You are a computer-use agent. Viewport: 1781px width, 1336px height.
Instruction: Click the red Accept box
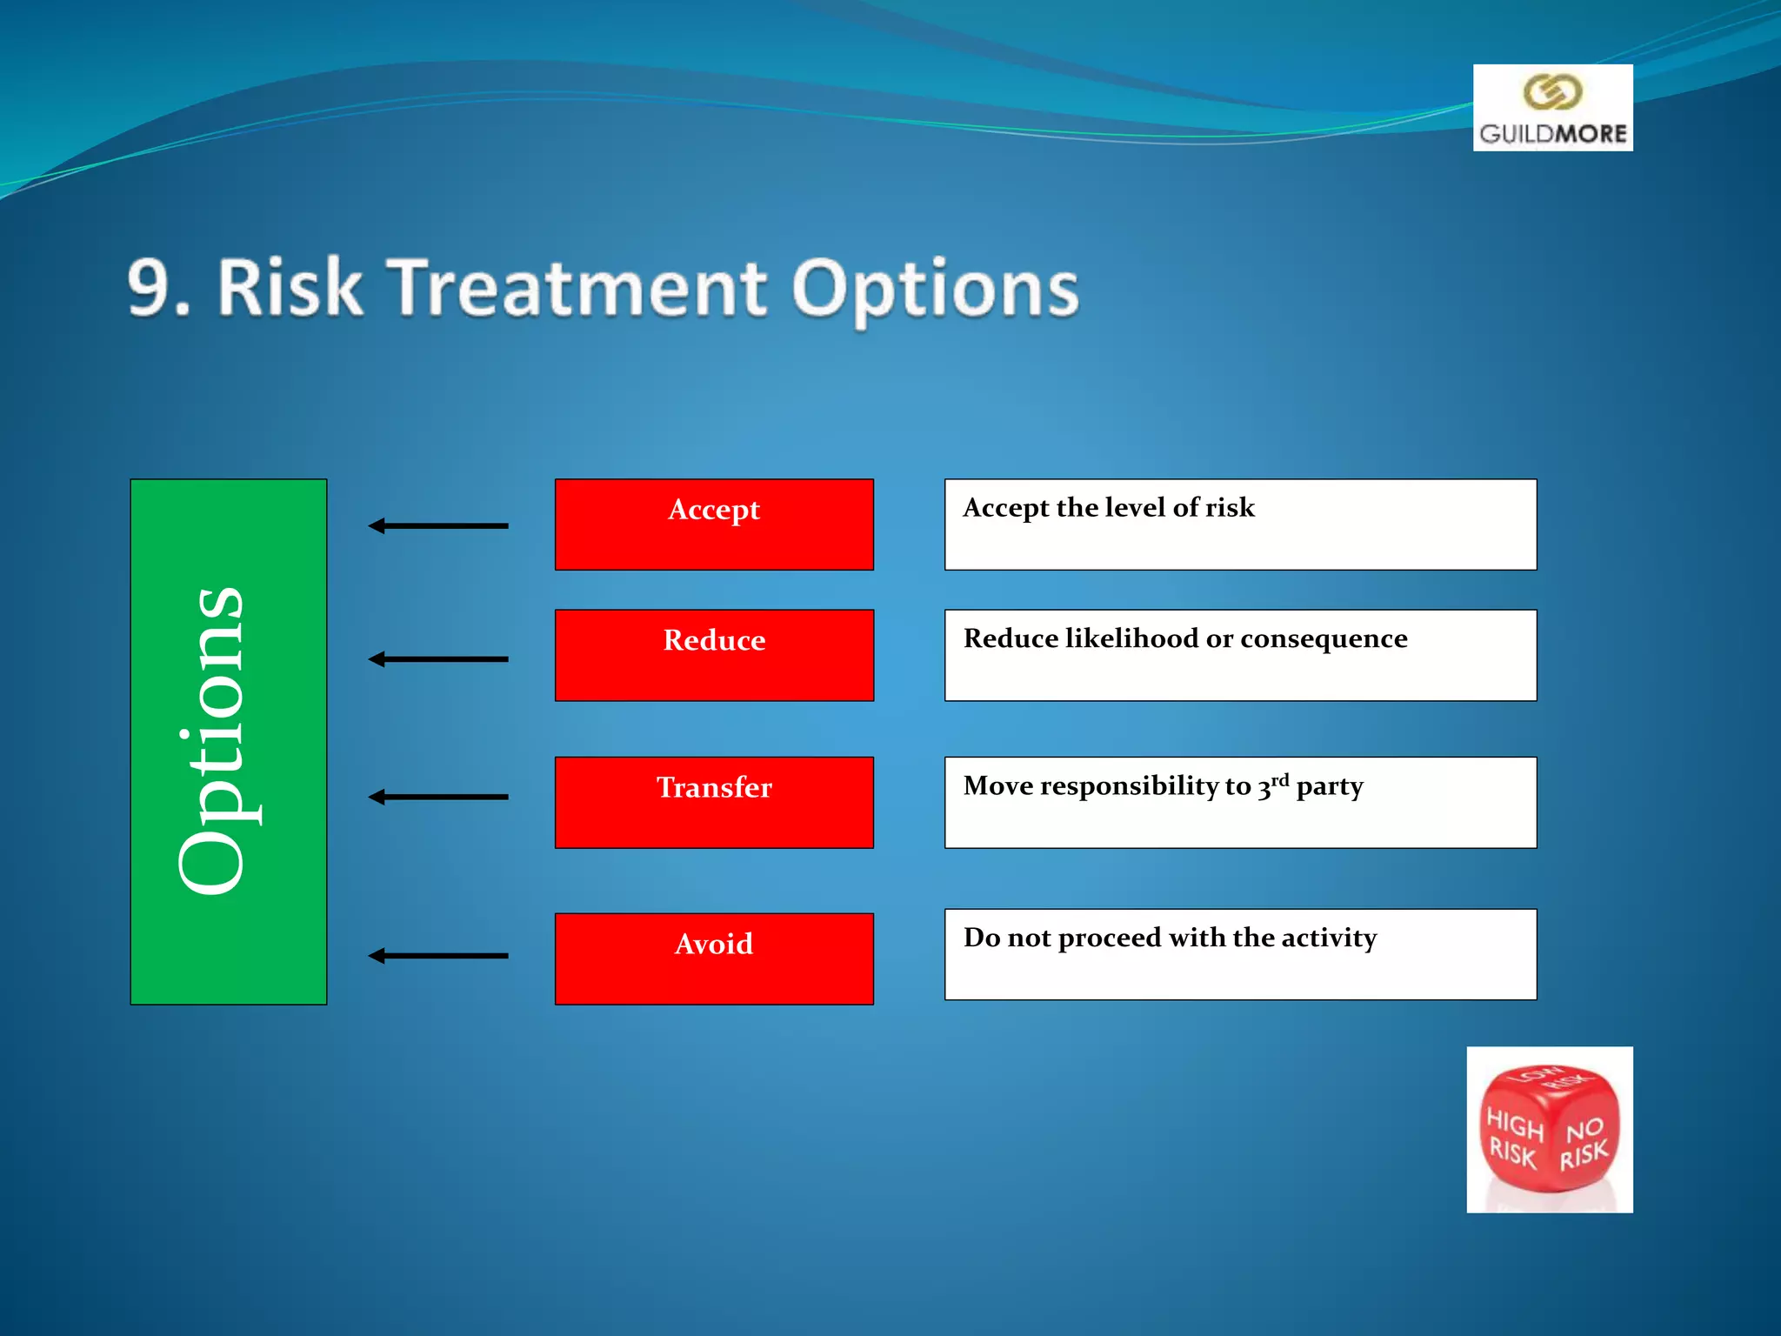(x=714, y=524)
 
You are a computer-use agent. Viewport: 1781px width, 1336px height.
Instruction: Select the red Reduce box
(x=714, y=655)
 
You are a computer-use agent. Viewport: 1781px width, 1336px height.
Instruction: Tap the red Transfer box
(x=714, y=802)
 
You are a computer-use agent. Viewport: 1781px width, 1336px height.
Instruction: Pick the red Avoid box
(x=714, y=959)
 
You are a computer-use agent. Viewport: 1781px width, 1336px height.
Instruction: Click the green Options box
(x=229, y=741)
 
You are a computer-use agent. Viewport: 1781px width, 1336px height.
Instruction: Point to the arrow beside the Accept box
(x=438, y=525)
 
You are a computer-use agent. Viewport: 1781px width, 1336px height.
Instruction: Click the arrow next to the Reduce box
(x=438, y=659)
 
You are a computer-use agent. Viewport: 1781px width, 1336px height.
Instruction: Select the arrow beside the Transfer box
(x=438, y=797)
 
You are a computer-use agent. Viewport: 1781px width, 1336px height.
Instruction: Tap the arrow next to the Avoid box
(x=438, y=956)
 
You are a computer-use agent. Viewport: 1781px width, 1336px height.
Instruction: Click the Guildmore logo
(x=1552, y=108)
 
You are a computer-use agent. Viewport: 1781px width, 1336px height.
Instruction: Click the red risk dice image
(x=1549, y=1129)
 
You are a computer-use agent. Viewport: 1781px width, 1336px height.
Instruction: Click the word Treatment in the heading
(x=577, y=288)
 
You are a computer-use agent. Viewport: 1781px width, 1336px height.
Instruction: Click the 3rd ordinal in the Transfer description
(x=1273, y=785)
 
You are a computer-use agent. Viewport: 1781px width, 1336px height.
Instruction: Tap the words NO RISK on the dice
(x=1584, y=1143)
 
